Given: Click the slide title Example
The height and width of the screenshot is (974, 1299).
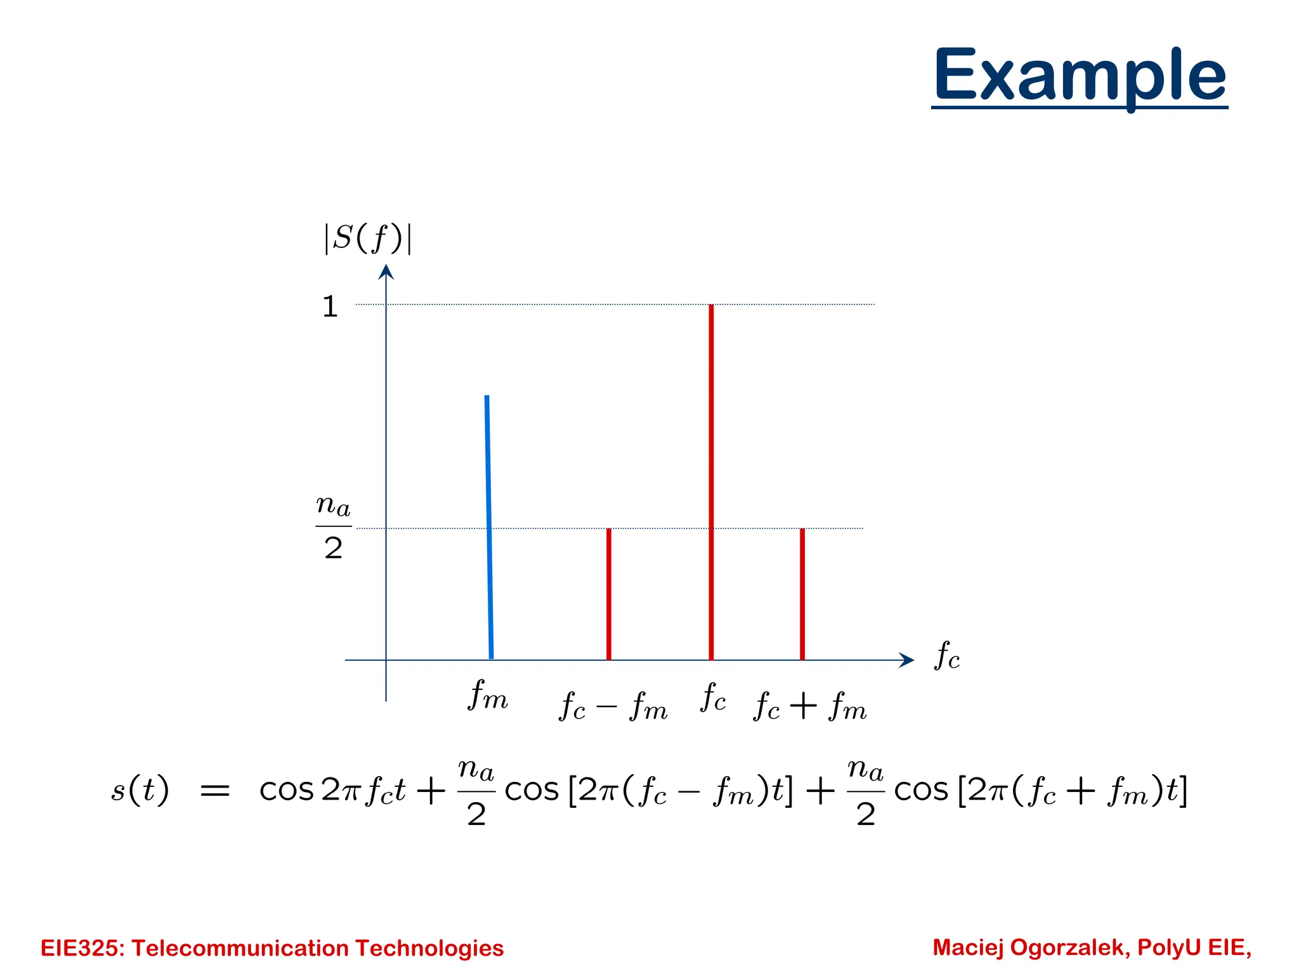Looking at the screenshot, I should [1080, 76].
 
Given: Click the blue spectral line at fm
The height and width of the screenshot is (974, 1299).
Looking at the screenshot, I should [489, 526].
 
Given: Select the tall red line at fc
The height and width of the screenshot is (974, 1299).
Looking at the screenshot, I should [711, 482].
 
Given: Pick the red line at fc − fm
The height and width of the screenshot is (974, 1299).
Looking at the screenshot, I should [609, 594].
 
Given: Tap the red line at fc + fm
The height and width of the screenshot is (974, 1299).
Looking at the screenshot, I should [802, 594].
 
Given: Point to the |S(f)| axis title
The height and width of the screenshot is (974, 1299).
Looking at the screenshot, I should [368, 238].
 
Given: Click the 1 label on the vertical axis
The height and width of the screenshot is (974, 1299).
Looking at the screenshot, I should [330, 307].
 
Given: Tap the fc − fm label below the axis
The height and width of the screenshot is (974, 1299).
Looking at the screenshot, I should [613, 706].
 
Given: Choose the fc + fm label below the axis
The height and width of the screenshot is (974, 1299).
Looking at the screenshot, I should [810, 706].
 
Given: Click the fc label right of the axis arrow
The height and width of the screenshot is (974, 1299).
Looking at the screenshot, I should [947, 656].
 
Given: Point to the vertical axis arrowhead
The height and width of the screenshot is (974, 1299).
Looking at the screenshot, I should [386, 272].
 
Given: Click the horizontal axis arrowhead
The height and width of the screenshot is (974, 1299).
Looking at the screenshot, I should [907, 660].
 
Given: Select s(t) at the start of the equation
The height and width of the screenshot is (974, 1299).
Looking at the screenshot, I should [140, 790].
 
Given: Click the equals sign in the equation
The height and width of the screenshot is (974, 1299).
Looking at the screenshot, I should [215, 791].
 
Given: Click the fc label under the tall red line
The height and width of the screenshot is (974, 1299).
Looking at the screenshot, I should [713, 698].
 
